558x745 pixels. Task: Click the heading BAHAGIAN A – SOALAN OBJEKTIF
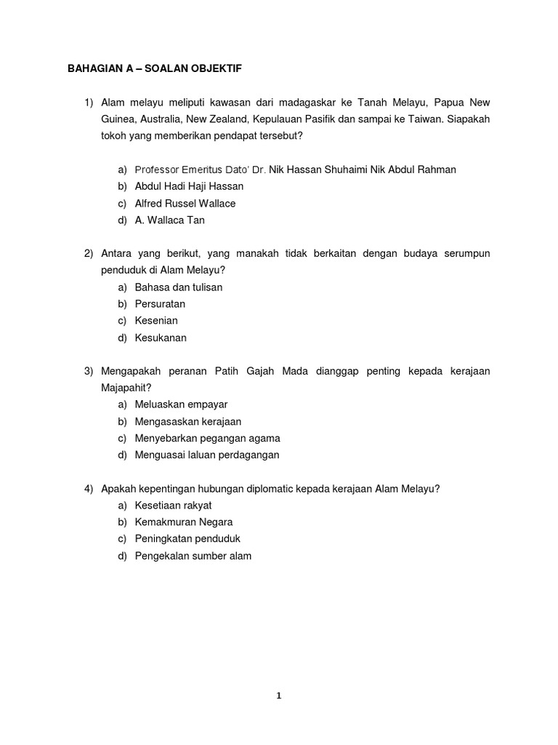154,68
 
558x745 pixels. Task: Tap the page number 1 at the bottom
278,696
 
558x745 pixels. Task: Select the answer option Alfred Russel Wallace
185,204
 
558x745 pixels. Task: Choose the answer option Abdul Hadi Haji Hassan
189,186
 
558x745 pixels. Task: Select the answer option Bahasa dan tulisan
179,287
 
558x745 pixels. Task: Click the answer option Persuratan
160,304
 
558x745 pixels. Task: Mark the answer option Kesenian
156,321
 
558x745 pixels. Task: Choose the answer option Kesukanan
161,338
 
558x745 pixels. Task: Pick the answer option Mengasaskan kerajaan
188,421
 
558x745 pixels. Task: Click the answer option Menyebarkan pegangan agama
207,438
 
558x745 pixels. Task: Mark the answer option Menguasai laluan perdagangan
207,455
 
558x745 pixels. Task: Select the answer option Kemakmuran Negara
184,522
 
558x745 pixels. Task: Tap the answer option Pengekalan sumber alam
193,556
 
